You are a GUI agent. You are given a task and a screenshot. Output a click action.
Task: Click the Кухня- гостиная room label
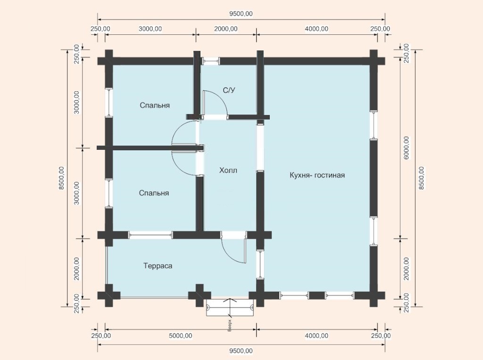click(317, 175)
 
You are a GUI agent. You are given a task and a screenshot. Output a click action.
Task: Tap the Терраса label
click(158, 266)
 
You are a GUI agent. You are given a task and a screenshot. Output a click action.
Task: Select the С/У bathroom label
click(229, 90)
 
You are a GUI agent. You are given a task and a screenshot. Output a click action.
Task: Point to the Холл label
click(228, 171)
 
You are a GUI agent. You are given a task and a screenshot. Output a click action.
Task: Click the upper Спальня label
click(155, 106)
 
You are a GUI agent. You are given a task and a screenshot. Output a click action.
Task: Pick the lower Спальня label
click(154, 193)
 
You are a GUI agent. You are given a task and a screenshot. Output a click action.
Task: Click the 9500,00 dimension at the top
click(241, 14)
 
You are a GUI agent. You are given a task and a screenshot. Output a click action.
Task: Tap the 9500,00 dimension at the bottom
click(241, 351)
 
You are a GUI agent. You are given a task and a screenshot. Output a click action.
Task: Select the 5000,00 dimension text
click(181, 335)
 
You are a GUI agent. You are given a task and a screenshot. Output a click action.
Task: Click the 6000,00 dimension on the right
click(406, 147)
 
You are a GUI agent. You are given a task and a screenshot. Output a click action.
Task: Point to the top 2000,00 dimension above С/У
click(226, 29)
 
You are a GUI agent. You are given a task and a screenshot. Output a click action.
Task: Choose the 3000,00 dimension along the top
click(150, 29)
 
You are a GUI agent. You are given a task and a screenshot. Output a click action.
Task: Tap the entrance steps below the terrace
click(230, 307)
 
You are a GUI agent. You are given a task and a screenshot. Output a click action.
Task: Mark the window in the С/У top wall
click(211, 61)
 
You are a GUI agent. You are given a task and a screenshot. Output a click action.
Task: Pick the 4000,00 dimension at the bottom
click(316, 335)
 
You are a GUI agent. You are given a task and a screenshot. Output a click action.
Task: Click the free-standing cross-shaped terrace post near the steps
click(200, 295)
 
